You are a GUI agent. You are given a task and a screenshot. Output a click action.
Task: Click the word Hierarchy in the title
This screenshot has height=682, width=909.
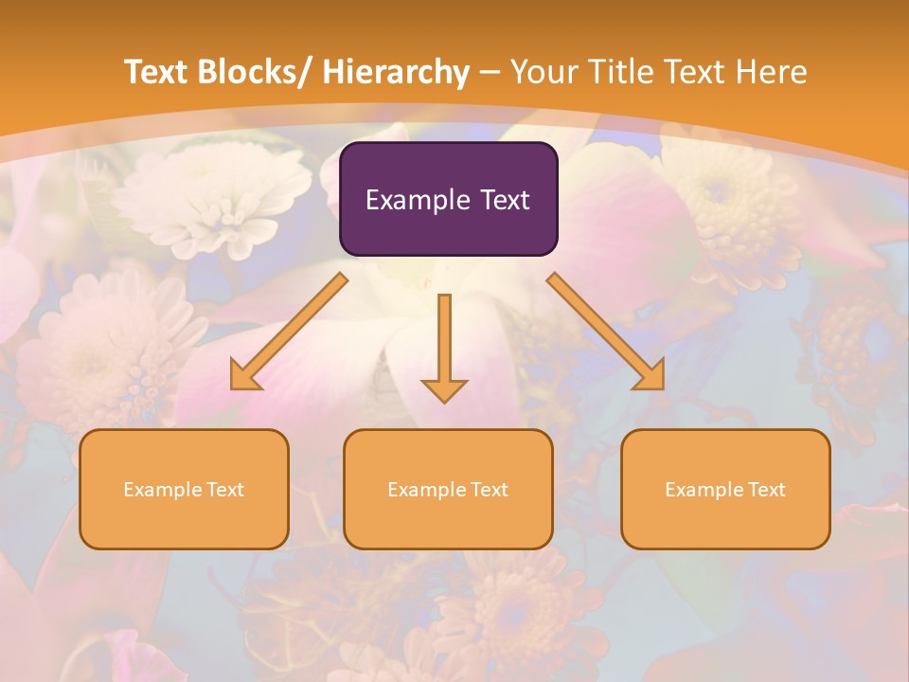pyautogui.click(x=396, y=72)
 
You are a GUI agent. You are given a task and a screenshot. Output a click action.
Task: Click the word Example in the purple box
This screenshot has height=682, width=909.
pyautogui.click(x=417, y=200)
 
